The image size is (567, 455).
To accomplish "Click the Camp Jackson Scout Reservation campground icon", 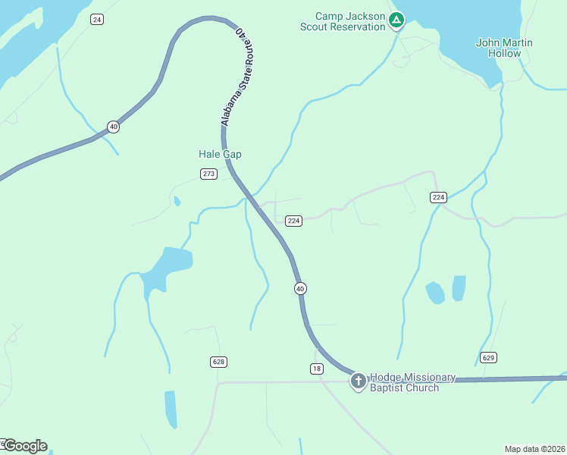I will [396, 20].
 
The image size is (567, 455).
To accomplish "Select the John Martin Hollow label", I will [504, 48].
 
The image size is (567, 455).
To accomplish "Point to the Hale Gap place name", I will [220, 154].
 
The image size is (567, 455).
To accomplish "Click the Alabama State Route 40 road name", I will [236, 78].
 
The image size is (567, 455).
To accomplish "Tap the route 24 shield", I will [96, 19].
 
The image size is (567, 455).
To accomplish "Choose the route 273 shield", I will [209, 174].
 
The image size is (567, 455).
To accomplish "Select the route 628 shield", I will [218, 362].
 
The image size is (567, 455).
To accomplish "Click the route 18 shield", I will [317, 368].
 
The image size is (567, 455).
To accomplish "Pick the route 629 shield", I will [488, 357].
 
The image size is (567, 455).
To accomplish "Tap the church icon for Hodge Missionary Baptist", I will [359, 381].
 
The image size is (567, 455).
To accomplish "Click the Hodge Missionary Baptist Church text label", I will [412, 383].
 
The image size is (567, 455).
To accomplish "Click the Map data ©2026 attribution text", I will [534, 448].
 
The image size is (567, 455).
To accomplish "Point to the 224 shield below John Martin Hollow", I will [438, 197].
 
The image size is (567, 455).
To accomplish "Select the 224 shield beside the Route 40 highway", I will [294, 221].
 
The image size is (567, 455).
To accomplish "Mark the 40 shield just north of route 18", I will [301, 288].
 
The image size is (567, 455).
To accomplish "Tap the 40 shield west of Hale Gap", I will [113, 127].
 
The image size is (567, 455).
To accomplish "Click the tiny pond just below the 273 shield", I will [177, 202].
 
